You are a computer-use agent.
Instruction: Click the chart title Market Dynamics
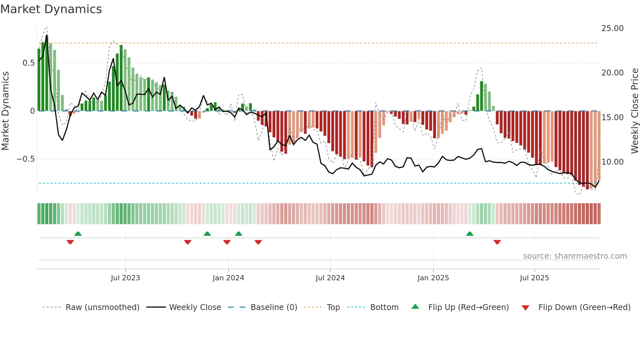point(51,9)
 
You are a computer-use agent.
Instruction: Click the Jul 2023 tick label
point(125,278)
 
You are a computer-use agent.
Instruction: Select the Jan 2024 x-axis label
point(228,278)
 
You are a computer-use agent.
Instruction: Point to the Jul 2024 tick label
point(330,278)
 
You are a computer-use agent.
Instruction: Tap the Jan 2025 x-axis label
point(433,278)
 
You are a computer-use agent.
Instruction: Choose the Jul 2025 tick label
point(535,278)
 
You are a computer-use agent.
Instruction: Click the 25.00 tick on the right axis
point(612,28)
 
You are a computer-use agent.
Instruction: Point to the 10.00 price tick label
point(612,162)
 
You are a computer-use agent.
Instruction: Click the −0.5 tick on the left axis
point(25,159)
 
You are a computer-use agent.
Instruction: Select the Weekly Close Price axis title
point(634,111)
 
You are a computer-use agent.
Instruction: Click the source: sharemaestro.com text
point(575,256)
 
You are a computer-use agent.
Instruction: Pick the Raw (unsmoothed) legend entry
point(103,307)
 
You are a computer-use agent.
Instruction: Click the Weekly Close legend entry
point(195,307)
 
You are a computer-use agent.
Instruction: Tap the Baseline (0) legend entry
point(274,307)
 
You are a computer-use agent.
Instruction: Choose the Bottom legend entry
point(384,307)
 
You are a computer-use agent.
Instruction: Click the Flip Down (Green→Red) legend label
point(584,307)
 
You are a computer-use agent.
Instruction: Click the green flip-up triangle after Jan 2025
point(470,234)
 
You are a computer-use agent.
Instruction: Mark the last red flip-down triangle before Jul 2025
point(497,242)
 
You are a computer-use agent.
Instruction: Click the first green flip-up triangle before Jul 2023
point(78,234)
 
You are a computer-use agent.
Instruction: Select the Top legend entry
point(333,307)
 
